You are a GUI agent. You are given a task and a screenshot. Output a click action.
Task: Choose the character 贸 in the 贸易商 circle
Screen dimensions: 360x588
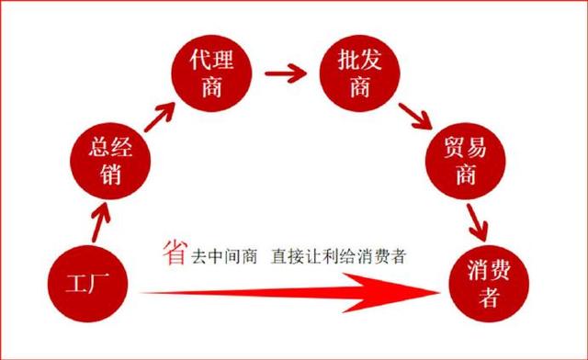click(450, 147)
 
